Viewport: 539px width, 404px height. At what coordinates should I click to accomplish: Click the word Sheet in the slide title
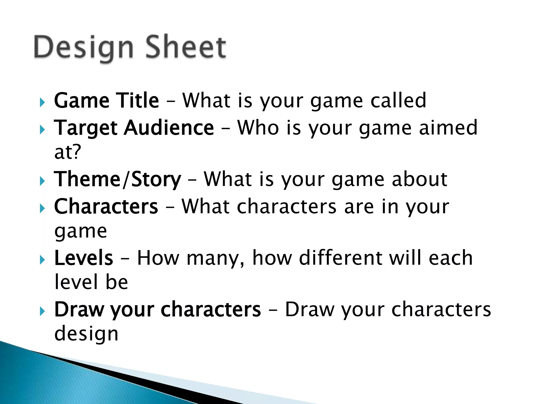click(x=186, y=47)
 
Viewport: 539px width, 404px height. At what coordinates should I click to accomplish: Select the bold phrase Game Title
click(x=106, y=100)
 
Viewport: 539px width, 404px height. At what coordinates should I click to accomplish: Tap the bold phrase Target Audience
click(x=134, y=128)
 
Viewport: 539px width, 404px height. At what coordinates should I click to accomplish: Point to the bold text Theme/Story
click(x=117, y=179)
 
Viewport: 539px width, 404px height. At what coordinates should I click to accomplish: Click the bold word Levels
click(x=84, y=258)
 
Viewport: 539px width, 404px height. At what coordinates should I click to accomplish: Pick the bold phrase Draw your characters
click(x=157, y=310)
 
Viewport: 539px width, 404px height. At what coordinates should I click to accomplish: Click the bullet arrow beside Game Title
click(x=42, y=102)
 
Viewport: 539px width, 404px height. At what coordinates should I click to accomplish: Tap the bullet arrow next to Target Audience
click(x=42, y=130)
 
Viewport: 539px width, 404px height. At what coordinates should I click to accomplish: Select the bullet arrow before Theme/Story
click(x=42, y=181)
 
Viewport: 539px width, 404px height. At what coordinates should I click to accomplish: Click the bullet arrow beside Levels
click(x=42, y=260)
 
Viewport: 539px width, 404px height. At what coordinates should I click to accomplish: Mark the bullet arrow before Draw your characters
click(x=42, y=311)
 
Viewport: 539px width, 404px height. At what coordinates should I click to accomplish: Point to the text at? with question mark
click(x=68, y=152)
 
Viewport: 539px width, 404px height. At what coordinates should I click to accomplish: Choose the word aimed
click(x=448, y=128)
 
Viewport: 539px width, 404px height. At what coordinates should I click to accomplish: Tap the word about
click(x=420, y=179)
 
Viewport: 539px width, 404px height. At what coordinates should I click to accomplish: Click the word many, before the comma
click(x=214, y=259)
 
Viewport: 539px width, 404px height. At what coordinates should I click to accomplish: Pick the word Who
click(x=258, y=128)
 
